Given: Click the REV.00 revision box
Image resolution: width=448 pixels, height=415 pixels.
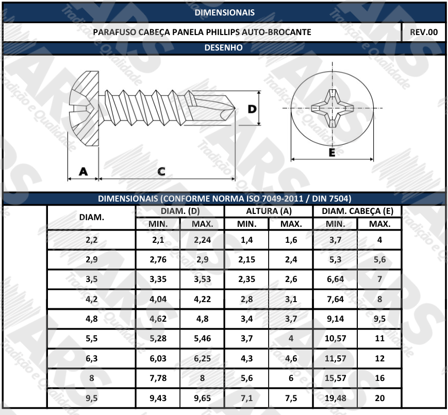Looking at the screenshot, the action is click(x=423, y=32).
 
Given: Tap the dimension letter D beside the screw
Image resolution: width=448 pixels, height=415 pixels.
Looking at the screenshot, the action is click(x=252, y=109).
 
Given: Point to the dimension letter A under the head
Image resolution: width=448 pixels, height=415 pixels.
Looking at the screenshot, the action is click(x=83, y=171).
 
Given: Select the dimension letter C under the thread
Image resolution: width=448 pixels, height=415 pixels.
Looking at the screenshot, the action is click(x=161, y=171).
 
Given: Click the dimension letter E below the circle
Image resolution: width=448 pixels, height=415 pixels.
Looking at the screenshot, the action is click(x=331, y=153).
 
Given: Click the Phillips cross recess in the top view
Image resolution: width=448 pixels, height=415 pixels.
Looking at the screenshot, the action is click(x=332, y=108).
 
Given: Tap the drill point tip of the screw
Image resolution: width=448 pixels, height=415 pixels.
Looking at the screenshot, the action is click(x=235, y=108).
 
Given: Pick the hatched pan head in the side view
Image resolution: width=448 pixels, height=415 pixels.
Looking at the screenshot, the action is click(x=84, y=109).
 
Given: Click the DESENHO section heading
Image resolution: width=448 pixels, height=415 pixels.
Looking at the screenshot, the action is click(x=223, y=47).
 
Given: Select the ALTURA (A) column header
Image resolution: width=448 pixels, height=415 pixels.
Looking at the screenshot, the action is click(x=269, y=211).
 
